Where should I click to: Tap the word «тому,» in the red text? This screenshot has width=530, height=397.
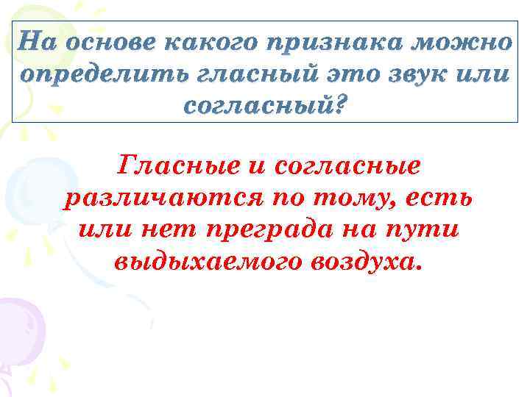[365, 199]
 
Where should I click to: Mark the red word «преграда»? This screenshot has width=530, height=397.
[277, 231]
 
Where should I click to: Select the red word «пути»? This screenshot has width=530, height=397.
[428, 230]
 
